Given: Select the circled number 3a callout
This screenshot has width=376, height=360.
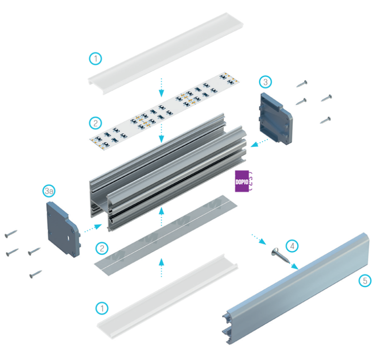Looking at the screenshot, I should (49, 191).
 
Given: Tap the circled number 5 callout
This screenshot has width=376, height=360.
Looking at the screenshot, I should (364, 281).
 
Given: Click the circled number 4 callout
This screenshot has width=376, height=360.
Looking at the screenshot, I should (292, 245).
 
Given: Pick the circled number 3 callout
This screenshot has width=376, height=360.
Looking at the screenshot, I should (266, 82).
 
